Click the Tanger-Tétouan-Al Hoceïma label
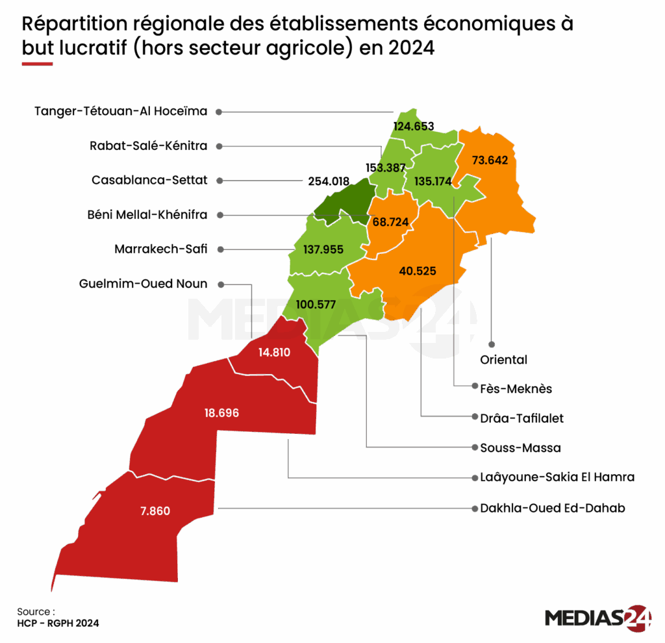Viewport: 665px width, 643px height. [x=121, y=111]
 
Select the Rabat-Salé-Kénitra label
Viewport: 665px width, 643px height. [x=149, y=146]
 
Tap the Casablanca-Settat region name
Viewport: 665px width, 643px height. [x=150, y=181]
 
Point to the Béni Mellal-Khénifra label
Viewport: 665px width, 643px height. [x=147, y=214]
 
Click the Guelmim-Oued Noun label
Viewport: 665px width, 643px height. [x=144, y=284]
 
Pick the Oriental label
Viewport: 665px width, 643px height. [x=504, y=359]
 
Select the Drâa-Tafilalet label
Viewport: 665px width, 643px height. [x=522, y=418]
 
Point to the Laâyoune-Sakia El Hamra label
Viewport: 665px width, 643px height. [x=557, y=477]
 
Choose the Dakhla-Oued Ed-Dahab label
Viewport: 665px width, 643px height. [x=553, y=508]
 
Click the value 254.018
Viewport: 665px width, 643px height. [x=328, y=181]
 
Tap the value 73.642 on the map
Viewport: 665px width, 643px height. [x=490, y=160]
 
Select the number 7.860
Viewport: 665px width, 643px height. [x=155, y=511]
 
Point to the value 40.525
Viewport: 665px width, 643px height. [x=418, y=271]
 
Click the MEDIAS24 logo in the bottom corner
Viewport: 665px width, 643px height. [x=598, y=618]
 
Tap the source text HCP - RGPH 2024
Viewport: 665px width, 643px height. [x=58, y=623]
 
